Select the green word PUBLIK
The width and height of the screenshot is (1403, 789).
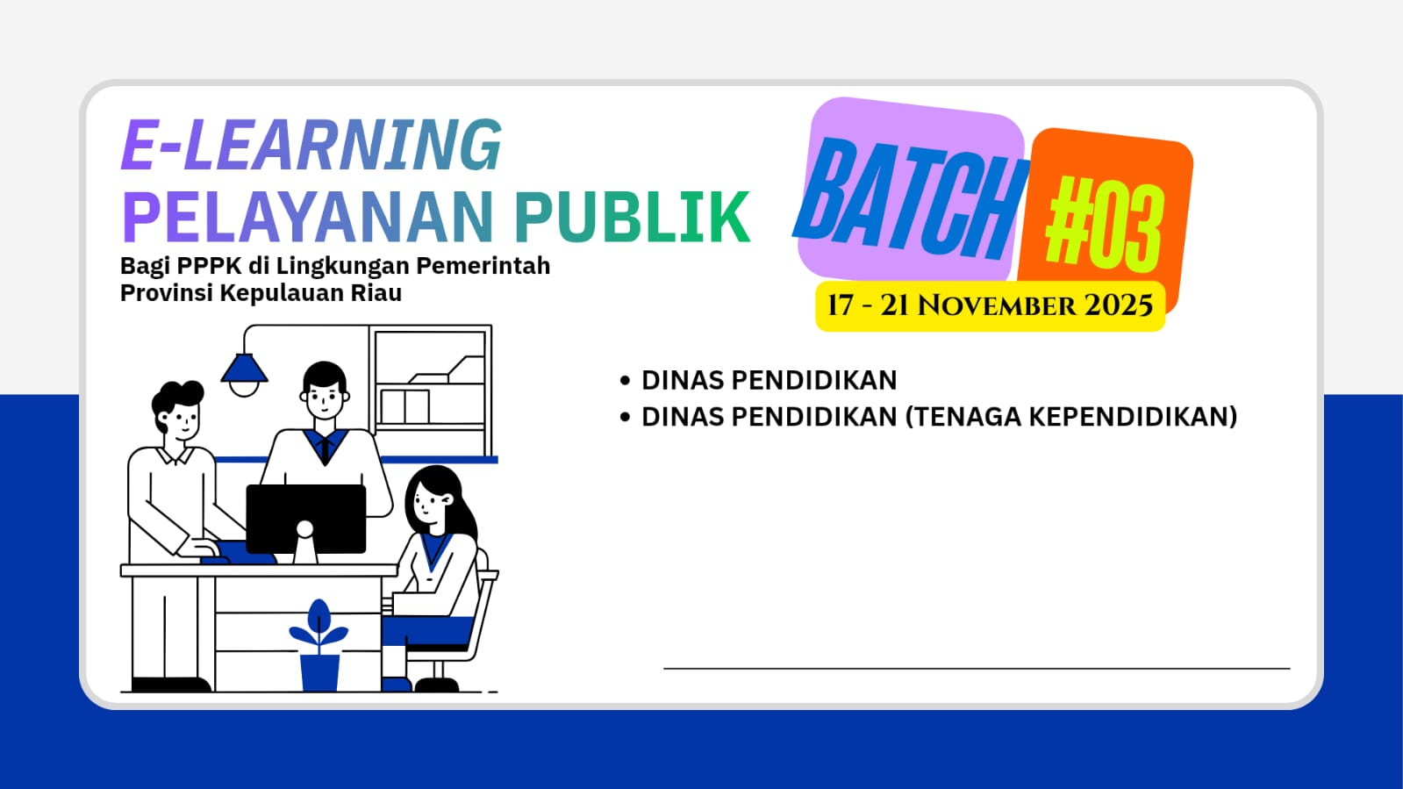point(633,217)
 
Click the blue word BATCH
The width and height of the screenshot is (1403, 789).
point(909,199)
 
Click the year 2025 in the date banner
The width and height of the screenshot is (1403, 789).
point(1119,305)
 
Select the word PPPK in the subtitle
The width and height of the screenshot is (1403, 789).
point(209,266)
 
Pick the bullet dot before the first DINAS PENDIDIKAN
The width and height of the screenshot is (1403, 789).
point(625,380)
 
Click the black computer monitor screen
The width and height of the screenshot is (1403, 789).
point(305,519)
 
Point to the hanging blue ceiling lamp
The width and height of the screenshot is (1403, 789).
point(244,374)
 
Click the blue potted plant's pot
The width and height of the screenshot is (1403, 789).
point(320,672)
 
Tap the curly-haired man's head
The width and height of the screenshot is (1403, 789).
point(178,411)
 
